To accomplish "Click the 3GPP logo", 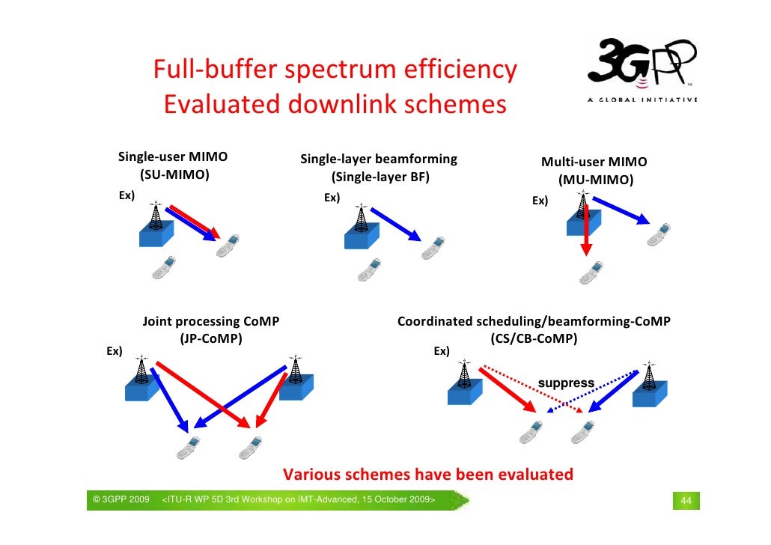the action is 642,63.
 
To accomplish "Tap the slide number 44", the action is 684,500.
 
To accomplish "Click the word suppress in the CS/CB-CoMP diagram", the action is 567,383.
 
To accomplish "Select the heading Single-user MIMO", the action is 173,157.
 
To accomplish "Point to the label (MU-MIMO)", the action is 595,180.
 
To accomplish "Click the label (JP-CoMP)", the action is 211,338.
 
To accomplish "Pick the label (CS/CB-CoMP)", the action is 534,338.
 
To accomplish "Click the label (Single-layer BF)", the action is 380,177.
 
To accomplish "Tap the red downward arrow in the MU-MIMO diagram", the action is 587,231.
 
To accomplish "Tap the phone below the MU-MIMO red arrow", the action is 591,272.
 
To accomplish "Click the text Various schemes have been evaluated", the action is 427,475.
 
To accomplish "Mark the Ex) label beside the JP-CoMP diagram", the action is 114,350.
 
